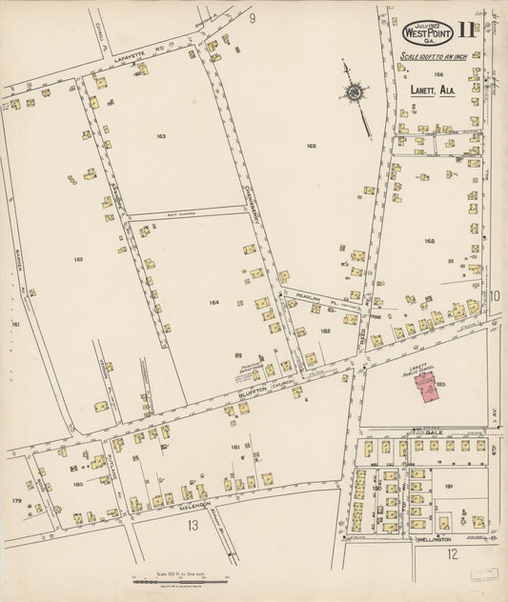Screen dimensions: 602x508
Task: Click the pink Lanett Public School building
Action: pos(429,387)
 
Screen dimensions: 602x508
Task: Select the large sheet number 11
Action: pos(467,30)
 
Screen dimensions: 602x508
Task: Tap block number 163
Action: pos(161,136)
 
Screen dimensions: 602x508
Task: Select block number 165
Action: pos(311,146)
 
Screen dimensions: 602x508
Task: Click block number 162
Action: pos(78,258)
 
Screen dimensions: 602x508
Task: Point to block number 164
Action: pos(214,302)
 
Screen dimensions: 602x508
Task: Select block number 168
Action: pos(430,241)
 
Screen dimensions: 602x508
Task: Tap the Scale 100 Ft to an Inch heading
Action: pos(433,57)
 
